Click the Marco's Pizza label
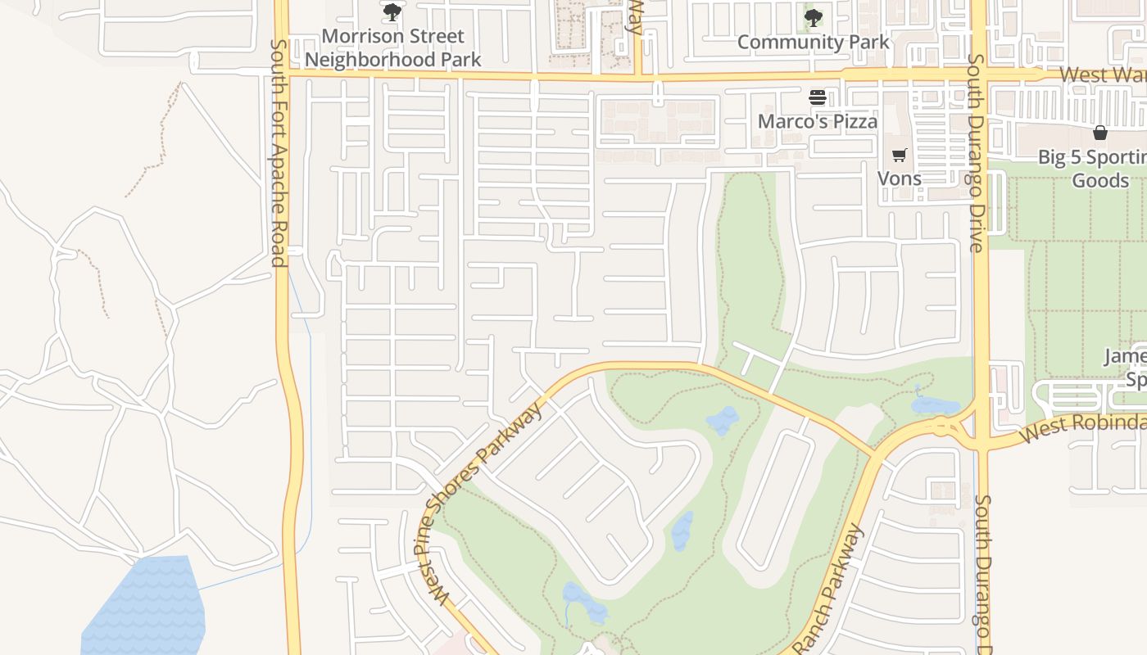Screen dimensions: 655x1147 tap(817, 121)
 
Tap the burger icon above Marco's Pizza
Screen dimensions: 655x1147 tap(817, 97)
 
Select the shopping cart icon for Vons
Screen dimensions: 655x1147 tap(899, 154)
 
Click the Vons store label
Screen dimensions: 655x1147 tap(899, 178)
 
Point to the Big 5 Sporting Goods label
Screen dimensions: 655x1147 tap(1092, 169)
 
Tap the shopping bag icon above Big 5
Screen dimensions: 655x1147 tap(1099, 133)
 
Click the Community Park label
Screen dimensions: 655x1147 tap(813, 42)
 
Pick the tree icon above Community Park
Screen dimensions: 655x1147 tap(813, 16)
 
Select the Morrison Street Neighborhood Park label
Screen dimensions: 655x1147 tap(393, 47)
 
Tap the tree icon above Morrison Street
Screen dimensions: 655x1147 tap(392, 11)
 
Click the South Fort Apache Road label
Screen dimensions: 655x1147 tap(279, 153)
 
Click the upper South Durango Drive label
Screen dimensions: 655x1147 tap(975, 153)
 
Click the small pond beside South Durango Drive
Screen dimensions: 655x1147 tap(934, 404)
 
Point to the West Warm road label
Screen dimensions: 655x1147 tap(1102, 75)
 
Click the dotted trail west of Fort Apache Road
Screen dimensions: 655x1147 tap(156, 139)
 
